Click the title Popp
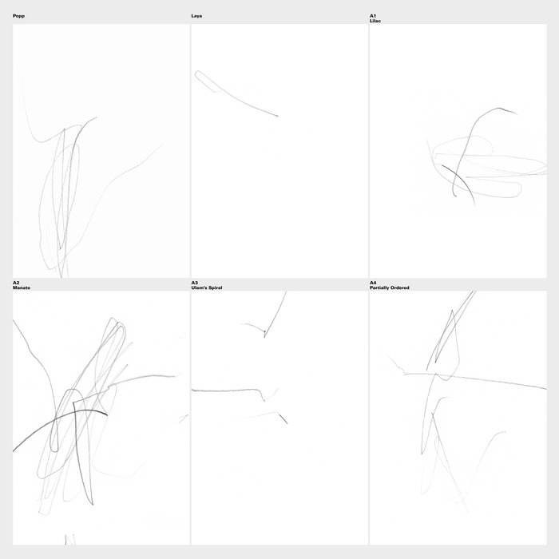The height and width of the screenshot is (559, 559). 18,16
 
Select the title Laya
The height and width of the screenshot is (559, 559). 196,16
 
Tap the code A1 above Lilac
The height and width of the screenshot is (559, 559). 373,16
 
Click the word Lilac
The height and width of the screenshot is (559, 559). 375,21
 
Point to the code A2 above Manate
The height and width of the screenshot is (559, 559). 16,283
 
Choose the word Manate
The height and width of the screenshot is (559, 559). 22,287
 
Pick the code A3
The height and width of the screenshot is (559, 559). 194,283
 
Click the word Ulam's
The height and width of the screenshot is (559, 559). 199,287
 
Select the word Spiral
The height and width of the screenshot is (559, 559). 215,287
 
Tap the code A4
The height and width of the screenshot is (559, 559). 373,283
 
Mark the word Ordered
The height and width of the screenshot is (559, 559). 399,287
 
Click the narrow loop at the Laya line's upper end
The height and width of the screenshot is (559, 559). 206,81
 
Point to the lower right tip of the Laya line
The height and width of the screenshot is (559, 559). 278,116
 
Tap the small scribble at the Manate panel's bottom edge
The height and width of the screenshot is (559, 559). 70,539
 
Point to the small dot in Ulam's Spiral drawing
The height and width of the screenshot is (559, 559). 264,331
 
